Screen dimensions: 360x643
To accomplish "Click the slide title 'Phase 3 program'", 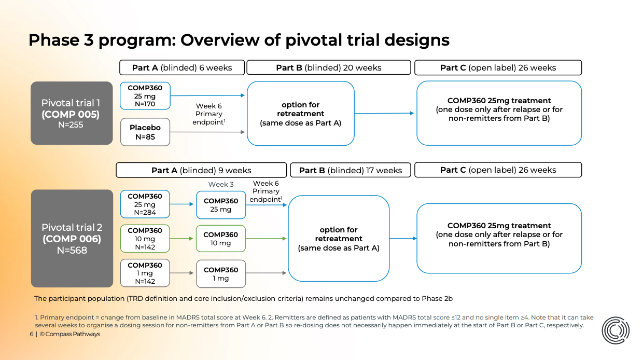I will coord(239,40).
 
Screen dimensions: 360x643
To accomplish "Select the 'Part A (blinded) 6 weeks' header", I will coord(182,68).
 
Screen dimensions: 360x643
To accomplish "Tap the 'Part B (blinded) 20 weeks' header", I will coord(328,68).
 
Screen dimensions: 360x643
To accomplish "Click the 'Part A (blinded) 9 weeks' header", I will coord(201,170).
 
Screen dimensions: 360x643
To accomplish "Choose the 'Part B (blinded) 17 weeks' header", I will coord(350,170).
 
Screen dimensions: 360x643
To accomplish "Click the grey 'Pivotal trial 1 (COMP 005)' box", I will coord(72,113).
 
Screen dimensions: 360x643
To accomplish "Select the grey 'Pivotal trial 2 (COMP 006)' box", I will coord(72,239).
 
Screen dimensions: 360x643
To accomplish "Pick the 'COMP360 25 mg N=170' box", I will coord(145,96).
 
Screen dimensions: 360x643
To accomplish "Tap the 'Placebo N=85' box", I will coord(145,132).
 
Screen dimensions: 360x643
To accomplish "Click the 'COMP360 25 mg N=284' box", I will coord(145,204).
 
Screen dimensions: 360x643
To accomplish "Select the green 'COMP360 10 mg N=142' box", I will coord(145,239).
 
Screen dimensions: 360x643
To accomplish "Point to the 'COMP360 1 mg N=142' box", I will coord(145,273).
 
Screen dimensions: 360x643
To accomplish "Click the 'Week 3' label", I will coord(221,184).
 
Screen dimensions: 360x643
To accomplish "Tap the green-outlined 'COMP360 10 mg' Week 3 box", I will coord(221,239).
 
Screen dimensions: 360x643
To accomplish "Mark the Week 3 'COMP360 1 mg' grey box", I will coord(221,274).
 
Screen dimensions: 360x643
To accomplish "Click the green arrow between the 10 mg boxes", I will coord(183,239).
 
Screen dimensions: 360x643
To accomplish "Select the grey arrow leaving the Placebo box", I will coord(207,132).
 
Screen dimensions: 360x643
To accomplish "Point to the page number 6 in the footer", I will coord(31,334).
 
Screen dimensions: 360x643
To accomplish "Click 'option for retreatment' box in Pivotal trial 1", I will coord(301,114).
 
